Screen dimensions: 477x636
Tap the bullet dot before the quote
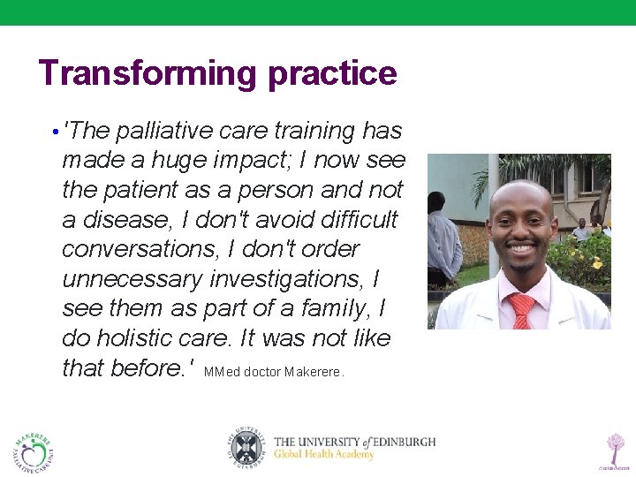pos(55,132)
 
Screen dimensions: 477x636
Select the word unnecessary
pos(132,279)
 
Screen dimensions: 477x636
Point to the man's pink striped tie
pos(523,310)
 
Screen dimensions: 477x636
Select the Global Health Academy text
pos(323,455)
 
